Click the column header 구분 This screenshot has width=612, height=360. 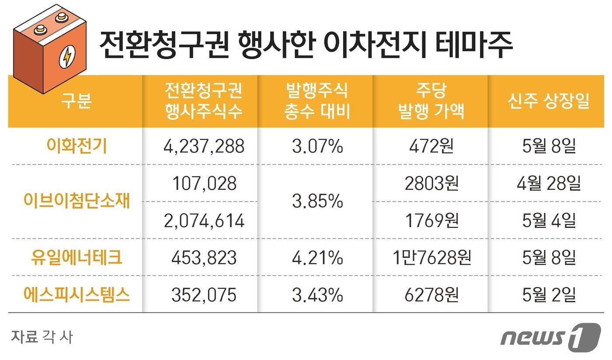[x=76, y=101]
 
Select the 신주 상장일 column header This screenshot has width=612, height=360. [x=549, y=101]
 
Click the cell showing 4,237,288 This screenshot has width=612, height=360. [x=203, y=146]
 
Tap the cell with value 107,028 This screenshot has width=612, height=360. [x=203, y=183]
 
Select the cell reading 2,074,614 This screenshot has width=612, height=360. [x=203, y=220]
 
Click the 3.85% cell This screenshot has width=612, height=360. [x=317, y=202]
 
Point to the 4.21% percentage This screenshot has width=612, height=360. [x=317, y=258]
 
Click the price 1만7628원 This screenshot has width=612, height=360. [x=431, y=258]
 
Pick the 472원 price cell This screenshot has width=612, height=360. [x=431, y=146]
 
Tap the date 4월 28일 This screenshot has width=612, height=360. [x=549, y=183]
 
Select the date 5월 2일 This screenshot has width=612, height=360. [x=549, y=294]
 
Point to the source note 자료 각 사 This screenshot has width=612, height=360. [x=42, y=337]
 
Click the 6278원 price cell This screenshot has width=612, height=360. [x=431, y=294]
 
